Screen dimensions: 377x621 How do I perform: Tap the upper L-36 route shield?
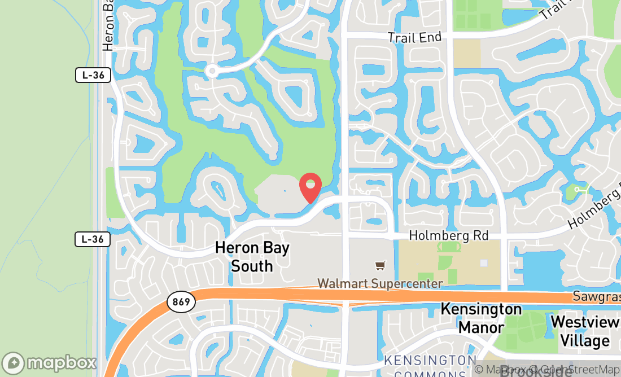click(x=93, y=75)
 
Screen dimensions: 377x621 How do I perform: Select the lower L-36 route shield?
click(x=93, y=239)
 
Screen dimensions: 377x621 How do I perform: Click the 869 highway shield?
click(x=181, y=302)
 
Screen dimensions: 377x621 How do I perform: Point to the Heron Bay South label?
click(x=252, y=257)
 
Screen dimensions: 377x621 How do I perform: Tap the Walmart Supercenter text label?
click(x=380, y=283)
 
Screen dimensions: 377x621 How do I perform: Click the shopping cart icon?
click(x=381, y=265)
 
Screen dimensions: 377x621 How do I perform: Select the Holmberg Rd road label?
click(x=448, y=235)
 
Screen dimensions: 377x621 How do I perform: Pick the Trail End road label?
click(x=415, y=38)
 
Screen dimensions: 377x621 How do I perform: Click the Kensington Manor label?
click(x=481, y=318)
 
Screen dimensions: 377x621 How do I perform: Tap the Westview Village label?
click(x=584, y=331)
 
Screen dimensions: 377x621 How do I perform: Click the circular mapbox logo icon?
click(x=14, y=363)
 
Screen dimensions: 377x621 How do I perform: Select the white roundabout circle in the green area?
click(x=212, y=71)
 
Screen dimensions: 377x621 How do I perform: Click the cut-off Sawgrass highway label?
click(x=596, y=296)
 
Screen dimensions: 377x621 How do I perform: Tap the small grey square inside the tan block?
click(x=483, y=263)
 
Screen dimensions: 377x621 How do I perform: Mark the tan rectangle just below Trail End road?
click(x=467, y=53)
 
